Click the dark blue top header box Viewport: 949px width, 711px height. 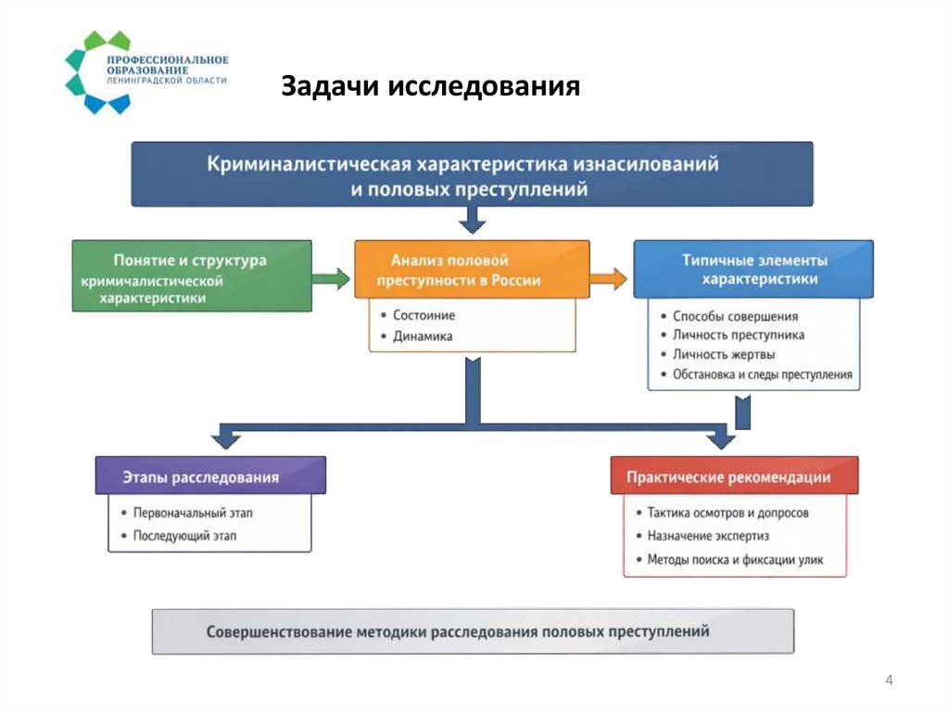click(472, 173)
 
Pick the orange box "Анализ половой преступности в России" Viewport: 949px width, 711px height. click(472, 270)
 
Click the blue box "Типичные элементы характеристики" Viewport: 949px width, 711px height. click(753, 270)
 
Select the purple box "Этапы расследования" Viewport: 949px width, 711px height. click(210, 477)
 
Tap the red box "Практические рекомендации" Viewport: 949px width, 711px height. click(734, 476)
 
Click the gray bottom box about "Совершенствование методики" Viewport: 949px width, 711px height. click(473, 631)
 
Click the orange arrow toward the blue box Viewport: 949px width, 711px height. click(608, 277)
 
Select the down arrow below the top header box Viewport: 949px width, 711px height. click(473, 220)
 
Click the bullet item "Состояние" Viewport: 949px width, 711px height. click(424, 315)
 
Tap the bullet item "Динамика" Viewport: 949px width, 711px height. click(422, 336)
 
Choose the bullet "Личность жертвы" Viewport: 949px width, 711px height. click(725, 355)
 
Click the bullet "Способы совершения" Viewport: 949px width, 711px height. click(736, 316)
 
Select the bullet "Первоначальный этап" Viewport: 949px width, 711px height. click(193, 512)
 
